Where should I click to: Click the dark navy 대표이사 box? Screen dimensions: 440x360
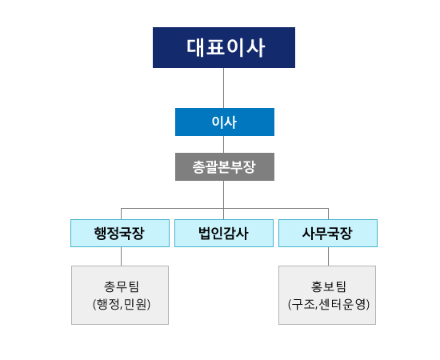(224, 47)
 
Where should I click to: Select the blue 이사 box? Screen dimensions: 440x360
(225, 122)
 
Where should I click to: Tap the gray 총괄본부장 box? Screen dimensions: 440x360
(225, 166)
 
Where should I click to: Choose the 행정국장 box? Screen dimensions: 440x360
(120, 233)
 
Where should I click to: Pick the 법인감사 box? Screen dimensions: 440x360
(224, 233)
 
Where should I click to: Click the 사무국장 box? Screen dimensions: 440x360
(328, 233)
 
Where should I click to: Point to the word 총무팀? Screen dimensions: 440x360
(122, 286)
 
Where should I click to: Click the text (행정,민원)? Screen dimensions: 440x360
(122, 304)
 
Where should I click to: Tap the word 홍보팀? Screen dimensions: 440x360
(328, 286)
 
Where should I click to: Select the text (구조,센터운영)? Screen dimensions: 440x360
(329, 304)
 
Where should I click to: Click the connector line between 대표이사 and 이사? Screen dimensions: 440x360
(224, 88)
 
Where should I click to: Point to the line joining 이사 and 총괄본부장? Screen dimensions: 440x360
(224, 145)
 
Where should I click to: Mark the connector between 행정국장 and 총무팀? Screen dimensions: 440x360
(122, 257)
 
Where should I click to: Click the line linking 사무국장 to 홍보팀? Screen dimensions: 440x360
(328, 257)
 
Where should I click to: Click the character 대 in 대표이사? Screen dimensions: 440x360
(196, 48)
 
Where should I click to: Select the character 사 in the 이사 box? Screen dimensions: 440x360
(231, 122)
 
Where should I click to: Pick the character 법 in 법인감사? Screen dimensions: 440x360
(205, 233)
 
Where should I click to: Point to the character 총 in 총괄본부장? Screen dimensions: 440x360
(198, 167)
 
